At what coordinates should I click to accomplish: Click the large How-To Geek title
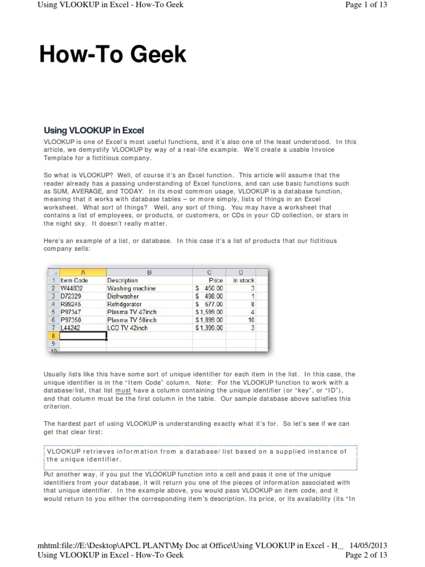point(113,55)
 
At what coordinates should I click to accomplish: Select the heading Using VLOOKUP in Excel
point(94,131)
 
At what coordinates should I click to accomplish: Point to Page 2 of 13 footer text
point(366,555)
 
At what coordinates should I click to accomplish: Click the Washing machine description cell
point(131,288)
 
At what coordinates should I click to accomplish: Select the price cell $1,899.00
point(209,320)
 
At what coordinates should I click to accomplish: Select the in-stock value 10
point(251,320)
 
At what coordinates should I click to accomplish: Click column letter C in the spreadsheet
point(209,272)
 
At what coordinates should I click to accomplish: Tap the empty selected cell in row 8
point(82,336)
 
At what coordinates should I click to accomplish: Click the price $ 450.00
point(209,288)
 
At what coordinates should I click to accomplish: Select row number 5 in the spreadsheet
point(53,312)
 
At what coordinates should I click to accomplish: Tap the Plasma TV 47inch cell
point(132,312)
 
